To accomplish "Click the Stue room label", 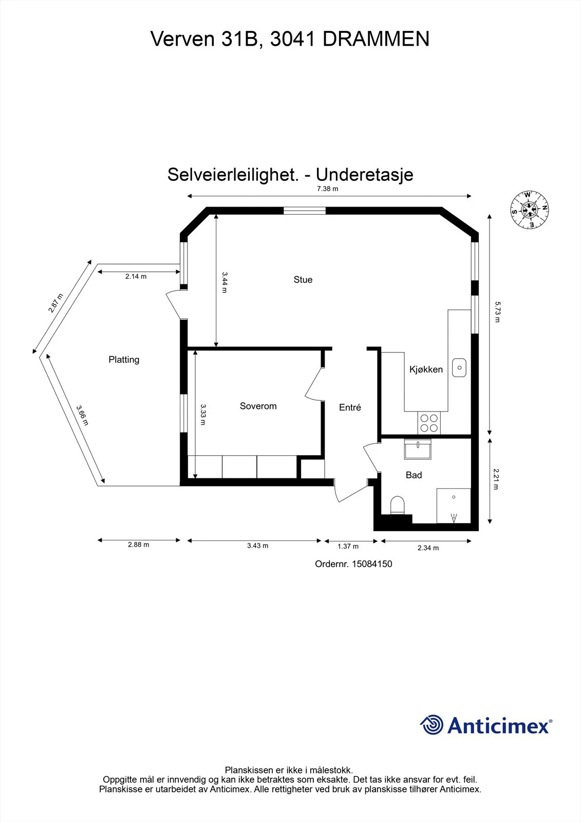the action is [x=303, y=279].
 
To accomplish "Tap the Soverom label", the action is [x=258, y=406].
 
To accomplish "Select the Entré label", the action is [x=350, y=407].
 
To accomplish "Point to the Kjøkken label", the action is [x=426, y=369].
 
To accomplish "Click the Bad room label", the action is [x=414, y=475].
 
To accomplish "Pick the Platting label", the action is [x=124, y=360].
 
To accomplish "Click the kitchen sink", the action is [x=459, y=367].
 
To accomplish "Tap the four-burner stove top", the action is [x=429, y=423].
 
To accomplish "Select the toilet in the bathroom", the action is [x=397, y=505].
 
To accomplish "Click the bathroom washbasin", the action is [x=418, y=449].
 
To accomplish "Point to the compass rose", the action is [x=530, y=210].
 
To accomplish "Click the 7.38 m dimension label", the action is [x=327, y=189].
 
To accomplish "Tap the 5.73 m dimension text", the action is [x=497, y=312].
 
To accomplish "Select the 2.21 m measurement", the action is [x=496, y=479].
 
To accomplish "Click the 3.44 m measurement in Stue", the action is [x=224, y=282].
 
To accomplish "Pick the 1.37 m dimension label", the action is [x=348, y=547].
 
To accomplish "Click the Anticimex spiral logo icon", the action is [x=432, y=724].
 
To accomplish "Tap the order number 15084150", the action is [x=372, y=564].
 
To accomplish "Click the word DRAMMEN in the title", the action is [x=376, y=39].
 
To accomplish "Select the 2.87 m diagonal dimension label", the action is [x=55, y=303].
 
